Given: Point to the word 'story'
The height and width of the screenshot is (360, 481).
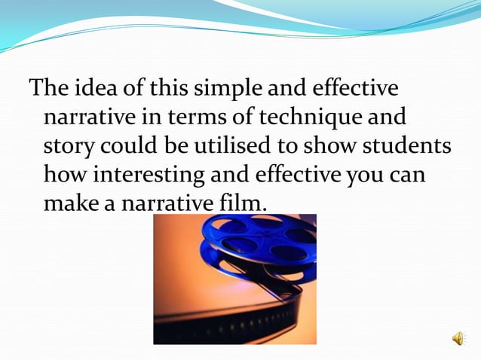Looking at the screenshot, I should point(71,146).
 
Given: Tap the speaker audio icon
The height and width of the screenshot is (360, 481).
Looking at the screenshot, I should point(458,339).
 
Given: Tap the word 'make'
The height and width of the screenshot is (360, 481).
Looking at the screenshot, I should point(72,203).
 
